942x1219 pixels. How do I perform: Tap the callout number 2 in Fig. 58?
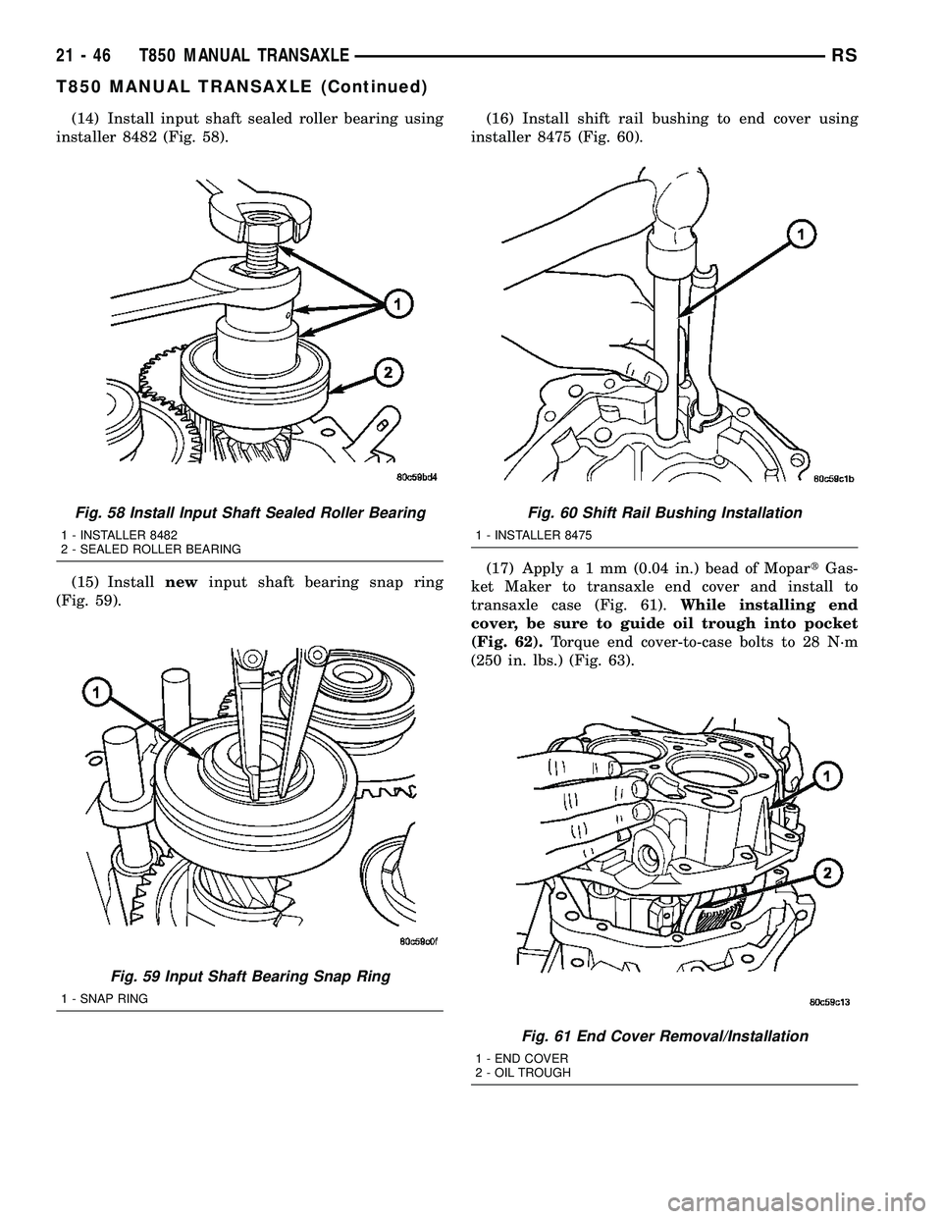389,373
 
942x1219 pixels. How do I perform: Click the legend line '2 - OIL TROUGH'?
523,1073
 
